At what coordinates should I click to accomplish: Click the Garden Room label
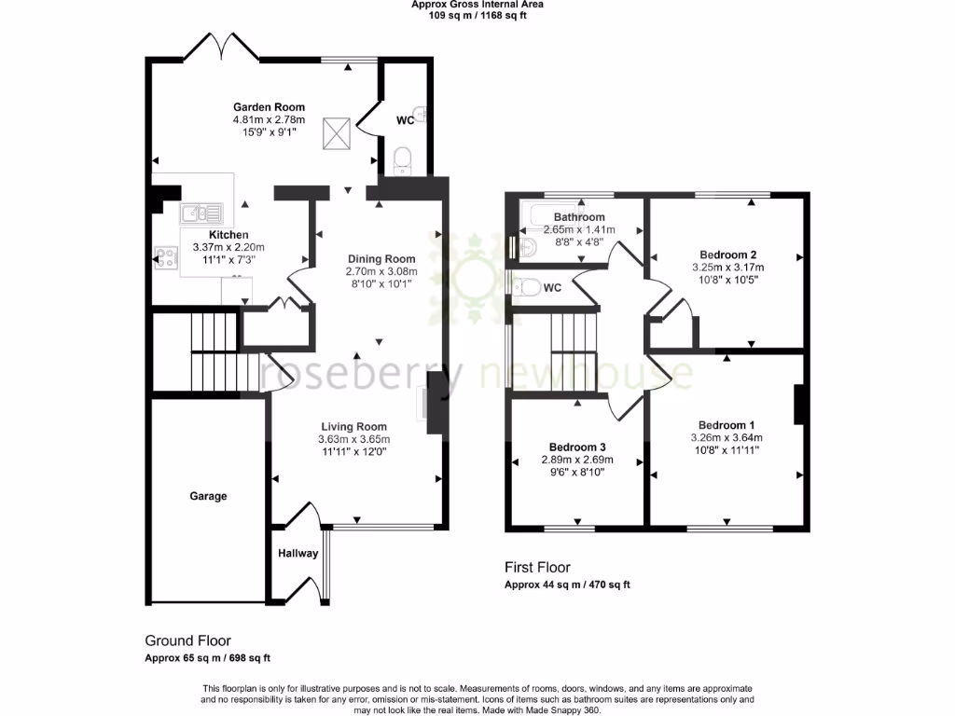tap(269, 107)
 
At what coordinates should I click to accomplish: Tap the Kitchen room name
tap(228, 234)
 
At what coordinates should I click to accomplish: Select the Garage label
tap(208, 496)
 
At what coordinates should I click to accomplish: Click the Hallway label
tap(298, 554)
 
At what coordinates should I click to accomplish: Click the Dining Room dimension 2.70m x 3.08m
tap(381, 272)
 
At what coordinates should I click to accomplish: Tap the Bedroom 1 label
tap(727, 425)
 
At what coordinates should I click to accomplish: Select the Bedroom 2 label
tap(727, 255)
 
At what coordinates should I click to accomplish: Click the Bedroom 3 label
tap(577, 446)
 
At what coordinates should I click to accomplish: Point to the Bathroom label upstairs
tap(579, 217)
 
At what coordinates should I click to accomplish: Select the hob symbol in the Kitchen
tap(167, 258)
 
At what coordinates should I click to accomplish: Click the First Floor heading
tap(537, 567)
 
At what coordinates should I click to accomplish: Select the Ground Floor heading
tap(187, 640)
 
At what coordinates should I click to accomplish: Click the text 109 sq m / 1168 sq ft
tap(477, 16)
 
